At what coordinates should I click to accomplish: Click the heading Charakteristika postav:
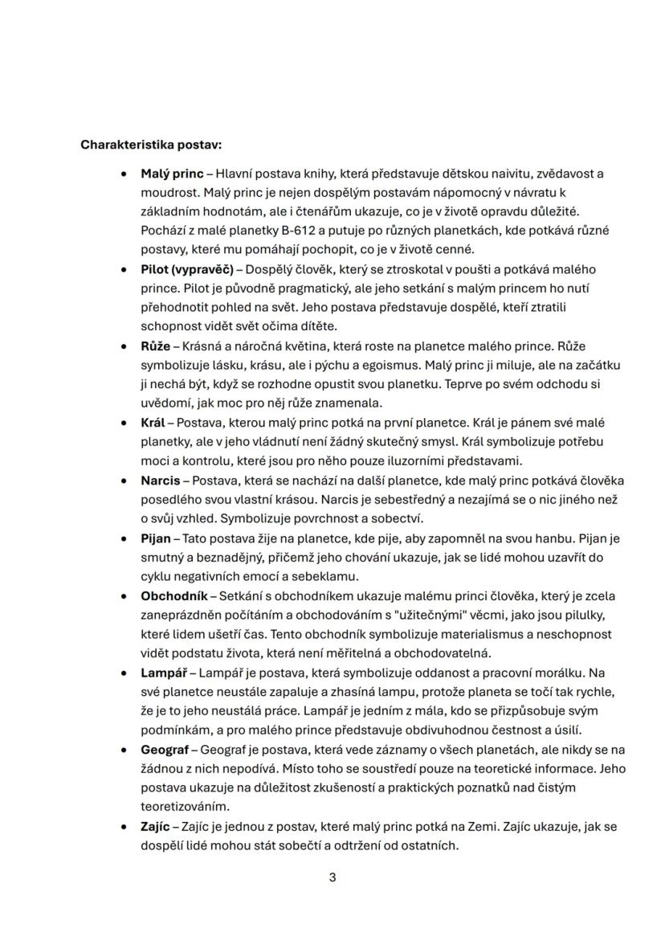click(x=151, y=145)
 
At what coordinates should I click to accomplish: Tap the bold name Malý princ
click(x=172, y=174)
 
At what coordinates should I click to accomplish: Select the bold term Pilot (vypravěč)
click(x=186, y=269)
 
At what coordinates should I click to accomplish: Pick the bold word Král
click(x=153, y=423)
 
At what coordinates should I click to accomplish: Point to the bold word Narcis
click(x=160, y=481)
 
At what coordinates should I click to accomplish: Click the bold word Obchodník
click(x=173, y=595)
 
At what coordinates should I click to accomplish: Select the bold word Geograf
click(x=165, y=750)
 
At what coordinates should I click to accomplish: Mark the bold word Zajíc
click(x=156, y=826)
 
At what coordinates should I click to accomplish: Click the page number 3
click(x=332, y=878)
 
